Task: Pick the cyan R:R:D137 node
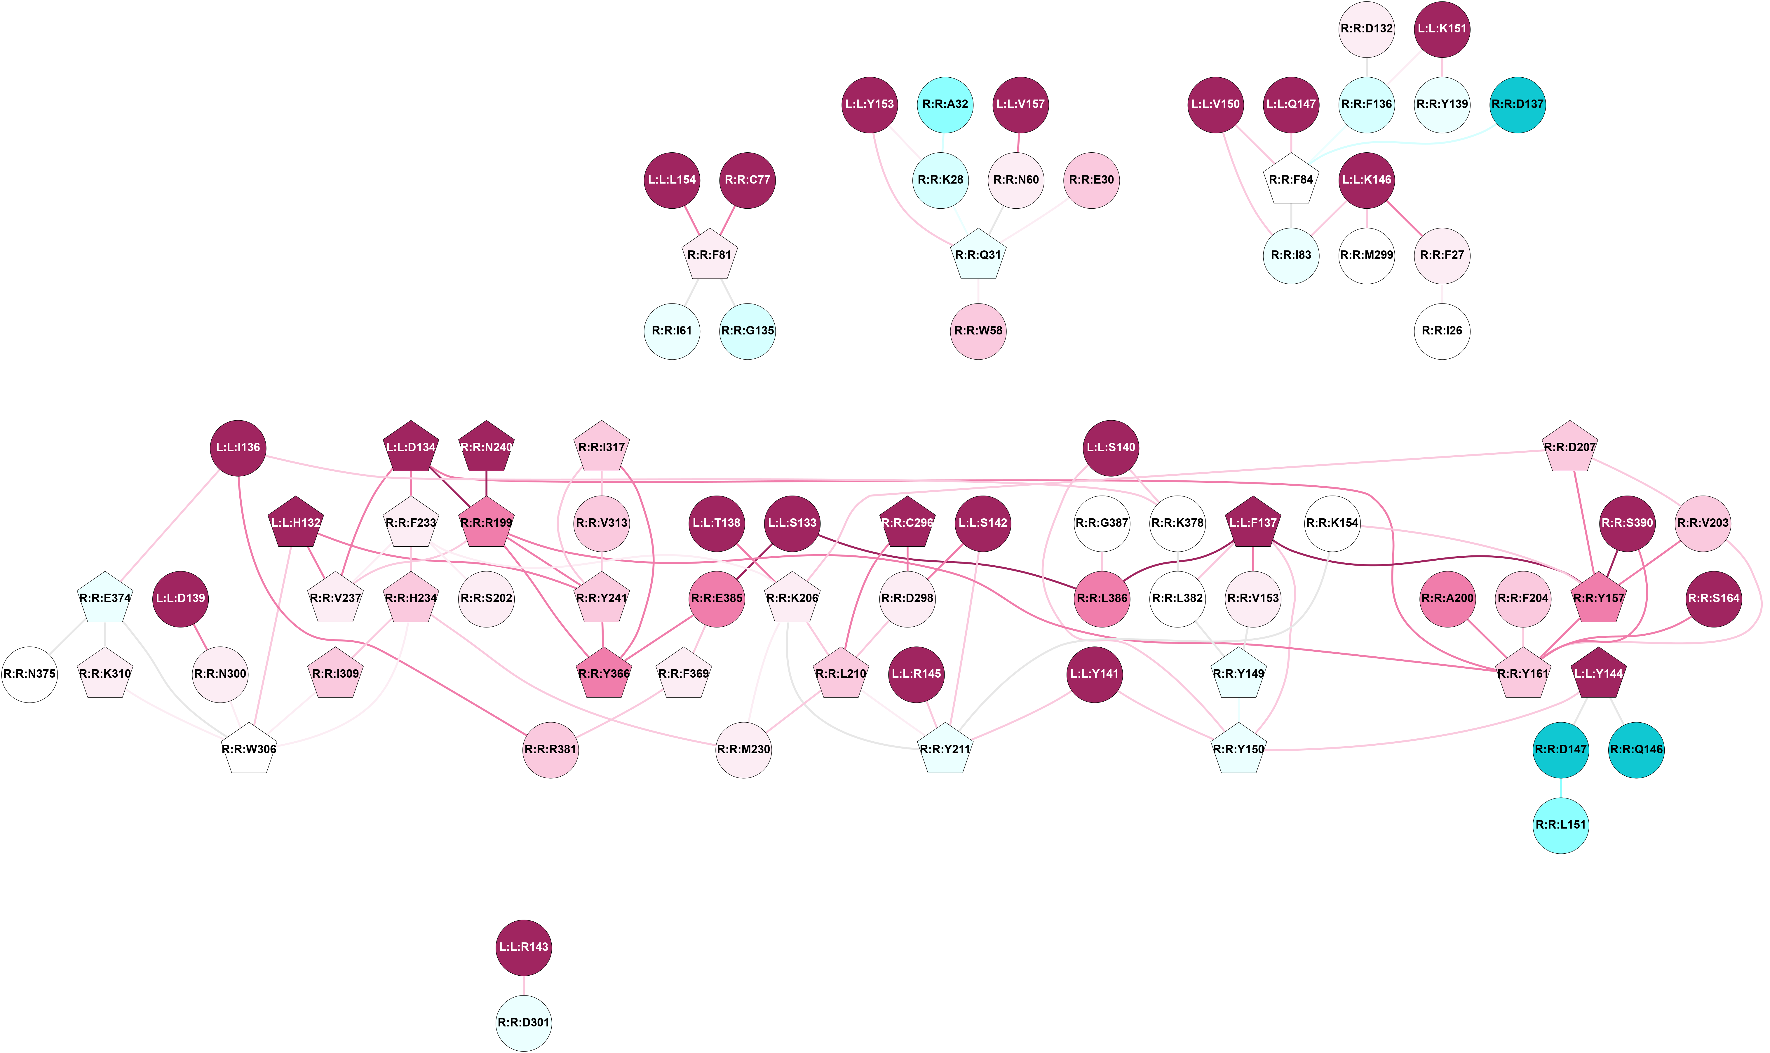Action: (1518, 104)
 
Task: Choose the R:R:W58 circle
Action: (978, 331)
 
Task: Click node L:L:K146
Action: (1366, 179)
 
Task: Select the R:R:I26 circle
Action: (1442, 331)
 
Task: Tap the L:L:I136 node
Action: (238, 448)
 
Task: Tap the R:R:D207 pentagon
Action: (1570, 448)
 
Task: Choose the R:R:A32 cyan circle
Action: (945, 104)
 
